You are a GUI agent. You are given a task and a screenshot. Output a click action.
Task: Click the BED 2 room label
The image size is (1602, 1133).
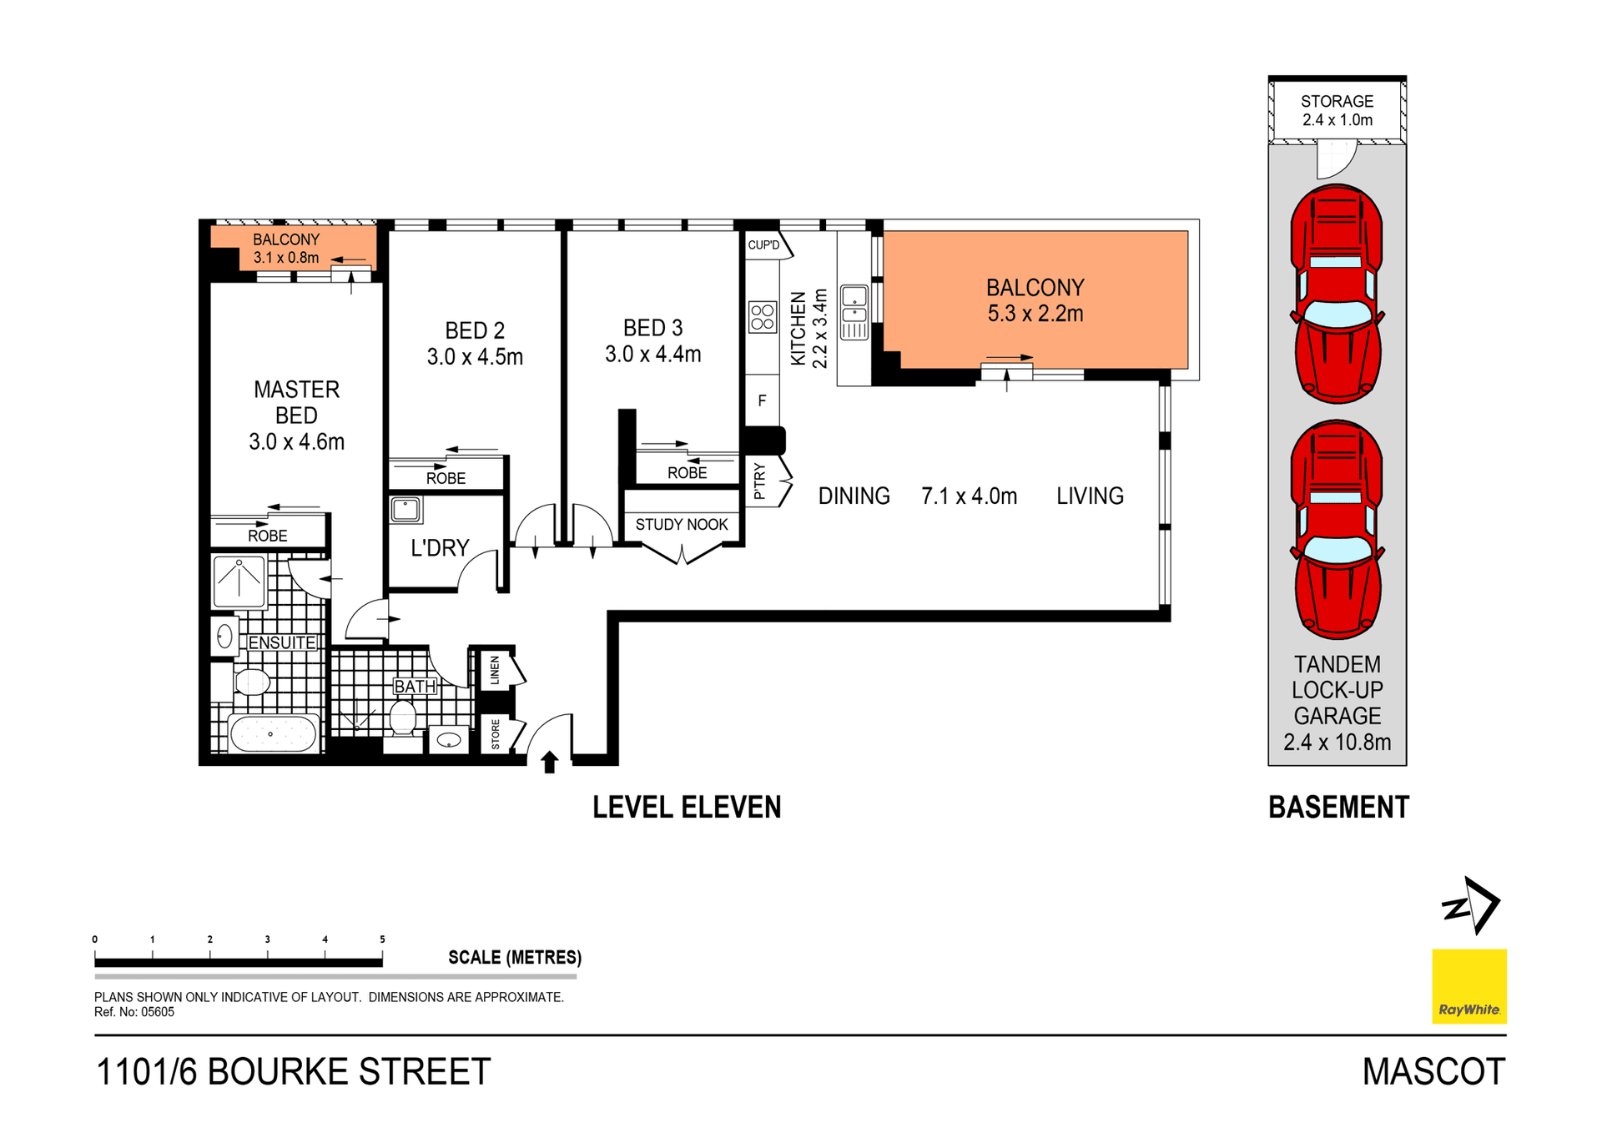click(x=475, y=330)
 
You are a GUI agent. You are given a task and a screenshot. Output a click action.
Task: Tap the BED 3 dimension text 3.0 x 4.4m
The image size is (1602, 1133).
click(x=653, y=355)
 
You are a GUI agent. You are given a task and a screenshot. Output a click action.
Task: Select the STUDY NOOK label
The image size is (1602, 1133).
click(x=682, y=525)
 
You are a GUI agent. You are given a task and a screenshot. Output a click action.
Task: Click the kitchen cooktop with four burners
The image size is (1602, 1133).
click(x=763, y=317)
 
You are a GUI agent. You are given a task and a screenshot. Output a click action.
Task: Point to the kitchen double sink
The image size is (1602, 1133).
click(x=854, y=312)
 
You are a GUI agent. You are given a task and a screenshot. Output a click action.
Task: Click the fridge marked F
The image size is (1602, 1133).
click(x=762, y=400)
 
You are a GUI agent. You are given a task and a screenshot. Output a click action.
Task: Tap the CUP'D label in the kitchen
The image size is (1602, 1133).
click(x=763, y=245)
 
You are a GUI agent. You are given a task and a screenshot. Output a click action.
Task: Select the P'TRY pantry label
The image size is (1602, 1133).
click(x=759, y=481)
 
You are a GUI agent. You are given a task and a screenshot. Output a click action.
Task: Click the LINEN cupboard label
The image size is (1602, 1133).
click(x=495, y=670)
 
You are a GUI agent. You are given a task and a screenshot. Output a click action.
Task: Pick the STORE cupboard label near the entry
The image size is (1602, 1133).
click(x=496, y=734)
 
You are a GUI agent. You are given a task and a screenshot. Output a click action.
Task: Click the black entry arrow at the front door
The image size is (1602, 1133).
click(x=549, y=763)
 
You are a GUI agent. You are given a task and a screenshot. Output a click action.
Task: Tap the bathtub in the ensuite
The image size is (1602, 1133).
click(x=273, y=734)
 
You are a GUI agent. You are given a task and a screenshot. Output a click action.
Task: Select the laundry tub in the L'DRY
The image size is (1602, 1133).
click(x=406, y=509)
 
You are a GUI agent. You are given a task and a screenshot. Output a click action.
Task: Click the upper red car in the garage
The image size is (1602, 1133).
click(x=1337, y=294)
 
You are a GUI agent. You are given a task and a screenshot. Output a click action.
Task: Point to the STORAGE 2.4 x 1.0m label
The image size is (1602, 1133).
click(x=1337, y=111)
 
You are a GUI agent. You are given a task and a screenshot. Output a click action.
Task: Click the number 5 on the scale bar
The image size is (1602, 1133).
click(x=382, y=939)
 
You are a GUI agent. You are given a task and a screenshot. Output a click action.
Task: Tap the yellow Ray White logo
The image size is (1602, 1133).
click(x=1469, y=986)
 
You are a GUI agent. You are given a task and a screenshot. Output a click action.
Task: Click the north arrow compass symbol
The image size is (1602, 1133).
click(x=1471, y=906)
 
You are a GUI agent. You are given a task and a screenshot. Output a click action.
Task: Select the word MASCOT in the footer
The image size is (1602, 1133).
click(x=1433, y=1072)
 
